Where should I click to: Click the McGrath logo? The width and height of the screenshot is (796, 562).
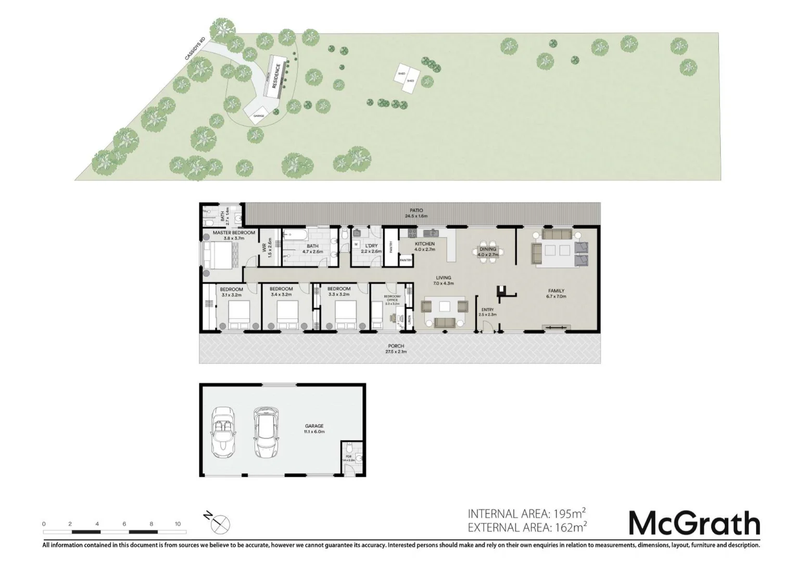click(x=694, y=523)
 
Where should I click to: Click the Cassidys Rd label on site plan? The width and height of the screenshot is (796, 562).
click(x=195, y=48)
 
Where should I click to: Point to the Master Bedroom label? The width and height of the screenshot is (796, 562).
click(x=234, y=235)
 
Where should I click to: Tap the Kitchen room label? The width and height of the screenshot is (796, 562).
click(x=424, y=246)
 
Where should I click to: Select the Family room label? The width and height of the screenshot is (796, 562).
click(x=555, y=293)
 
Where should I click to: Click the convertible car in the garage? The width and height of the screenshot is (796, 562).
click(x=223, y=431)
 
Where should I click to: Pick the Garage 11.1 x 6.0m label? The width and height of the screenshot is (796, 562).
click(x=314, y=428)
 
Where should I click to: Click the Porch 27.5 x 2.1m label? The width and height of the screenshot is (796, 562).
click(x=396, y=349)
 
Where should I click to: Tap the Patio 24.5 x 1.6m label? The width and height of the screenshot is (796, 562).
click(x=416, y=213)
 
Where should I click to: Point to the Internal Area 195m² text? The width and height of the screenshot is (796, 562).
click(x=527, y=514)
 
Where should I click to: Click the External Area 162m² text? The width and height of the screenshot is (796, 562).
click(x=527, y=528)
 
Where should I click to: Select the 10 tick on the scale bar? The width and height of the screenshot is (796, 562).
click(x=178, y=524)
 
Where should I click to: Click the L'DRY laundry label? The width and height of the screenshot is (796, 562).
click(x=371, y=248)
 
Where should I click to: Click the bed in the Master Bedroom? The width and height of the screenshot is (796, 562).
click(x=219, y=256)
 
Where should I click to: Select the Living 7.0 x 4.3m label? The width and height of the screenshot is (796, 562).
click(x=444, y=280)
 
